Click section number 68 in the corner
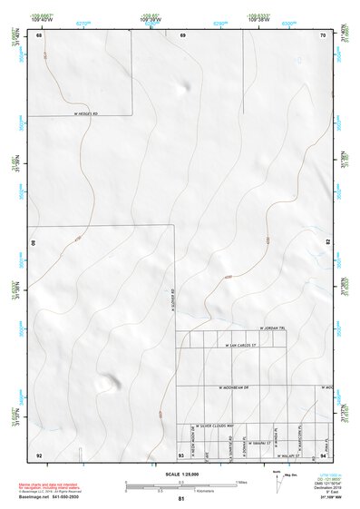(39, 34)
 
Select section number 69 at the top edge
(182, 34)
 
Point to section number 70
(323, 34)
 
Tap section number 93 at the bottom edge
(181, 454)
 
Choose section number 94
(323, 454)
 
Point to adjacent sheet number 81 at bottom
(181, 499)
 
